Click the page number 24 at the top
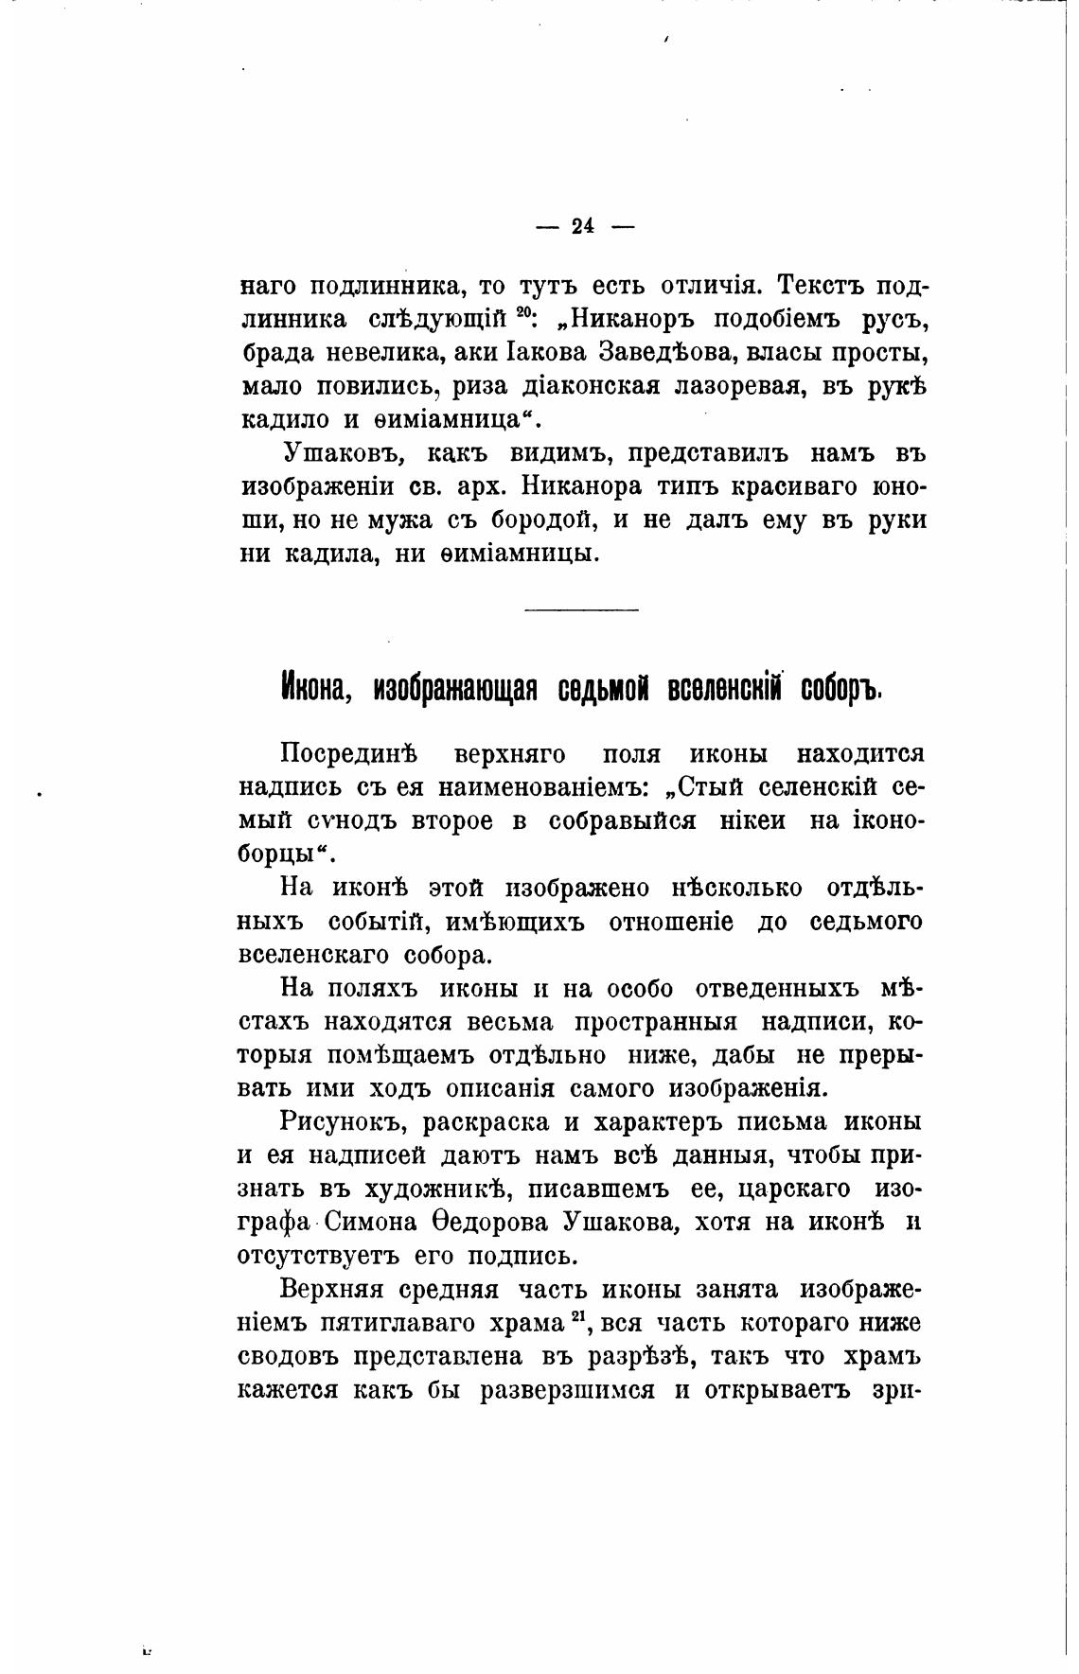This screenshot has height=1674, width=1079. pos(581,227)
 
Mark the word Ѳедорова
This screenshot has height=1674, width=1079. pos(479,1223)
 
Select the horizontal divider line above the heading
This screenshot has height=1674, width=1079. pos(581,609)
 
